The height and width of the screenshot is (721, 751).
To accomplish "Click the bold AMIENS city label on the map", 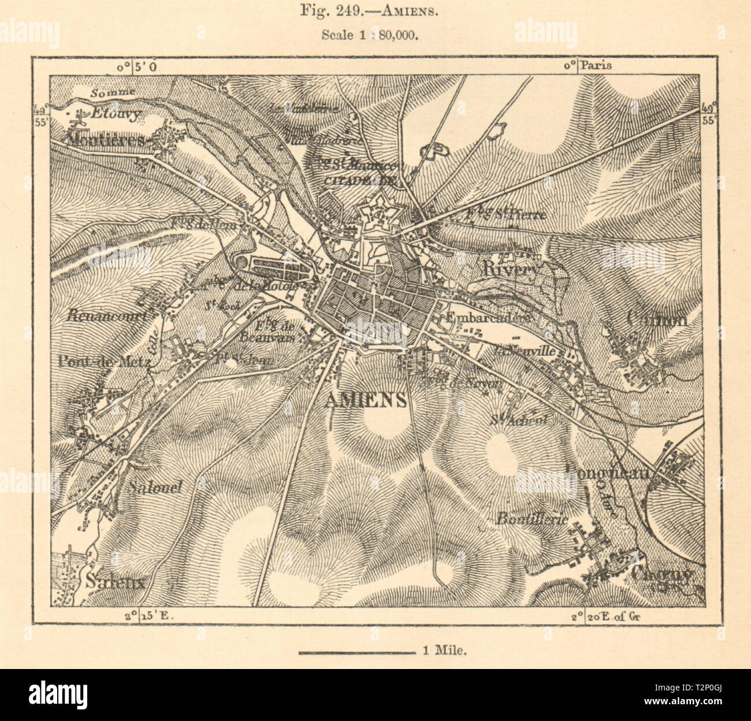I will [x=366, y=400].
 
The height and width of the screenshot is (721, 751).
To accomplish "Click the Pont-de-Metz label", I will [x=104, y=362].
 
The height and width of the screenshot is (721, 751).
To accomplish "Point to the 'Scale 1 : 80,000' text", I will [x=370, y=34].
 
